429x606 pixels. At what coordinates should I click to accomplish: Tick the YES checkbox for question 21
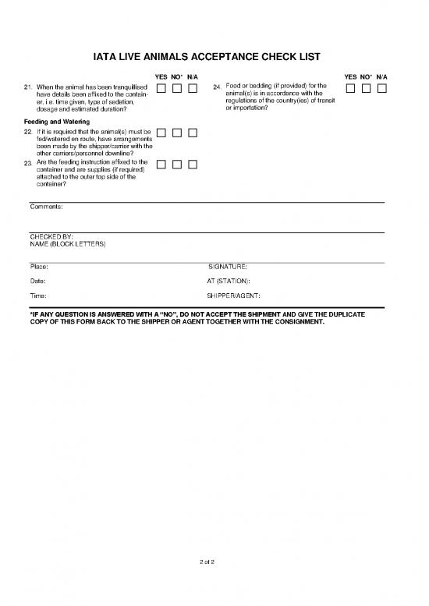click(161, 88)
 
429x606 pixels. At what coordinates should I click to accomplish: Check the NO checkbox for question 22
click(176, 133)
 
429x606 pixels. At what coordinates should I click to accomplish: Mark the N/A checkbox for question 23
click(192, 164)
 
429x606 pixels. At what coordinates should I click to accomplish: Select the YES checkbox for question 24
click(350, 88)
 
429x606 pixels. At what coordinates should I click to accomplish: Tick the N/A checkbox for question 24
click(381, 88)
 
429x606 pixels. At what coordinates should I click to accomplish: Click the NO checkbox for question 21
click(176, 88)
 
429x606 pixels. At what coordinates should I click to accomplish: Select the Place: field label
click(39, 267)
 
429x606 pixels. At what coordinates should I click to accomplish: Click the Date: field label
click(38, 281)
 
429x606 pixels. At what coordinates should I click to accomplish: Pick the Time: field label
click(38, 296)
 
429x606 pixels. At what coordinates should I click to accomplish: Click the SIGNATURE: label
click(228, 267)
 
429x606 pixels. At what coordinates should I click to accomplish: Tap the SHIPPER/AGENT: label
click(233, 296)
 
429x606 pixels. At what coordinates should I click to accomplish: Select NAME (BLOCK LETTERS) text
click(67, 244)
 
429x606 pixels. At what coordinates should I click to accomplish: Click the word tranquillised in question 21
click(127, 85)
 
